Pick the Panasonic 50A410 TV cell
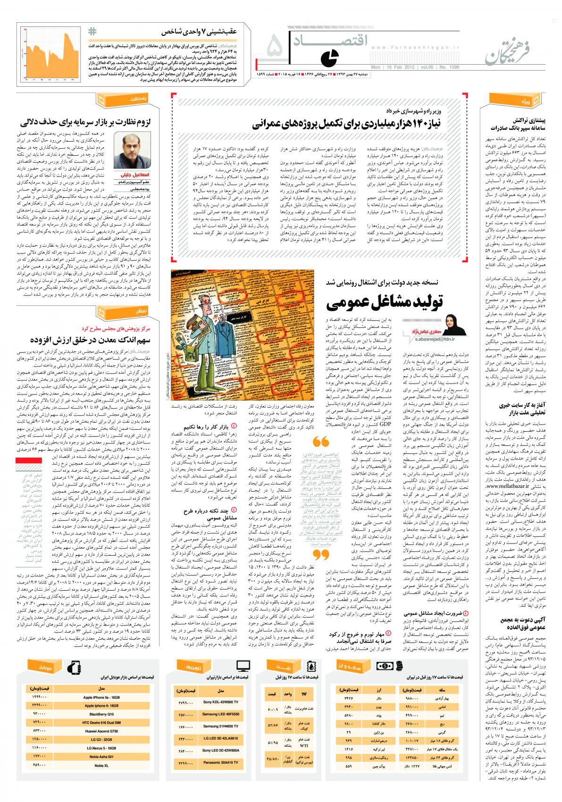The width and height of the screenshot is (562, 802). click(220, 762)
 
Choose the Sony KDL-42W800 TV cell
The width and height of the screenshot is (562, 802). click(220, 702)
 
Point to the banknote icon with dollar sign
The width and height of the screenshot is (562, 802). click(384, 666)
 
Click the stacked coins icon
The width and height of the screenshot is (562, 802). click(399, 666)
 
